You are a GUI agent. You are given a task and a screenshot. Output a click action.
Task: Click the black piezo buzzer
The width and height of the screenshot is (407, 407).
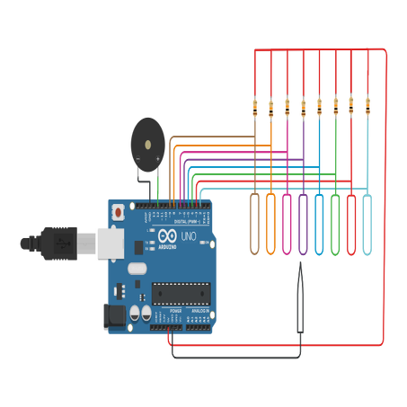[x=143, y=140]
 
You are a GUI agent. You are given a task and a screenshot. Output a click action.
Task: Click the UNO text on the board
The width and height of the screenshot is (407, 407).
[x=190, y=235]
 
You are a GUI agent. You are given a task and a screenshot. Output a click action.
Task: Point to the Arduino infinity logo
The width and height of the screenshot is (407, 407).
[x=167, y=236]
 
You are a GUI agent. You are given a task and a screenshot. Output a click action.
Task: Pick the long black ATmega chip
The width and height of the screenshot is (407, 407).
[x=180, y=292]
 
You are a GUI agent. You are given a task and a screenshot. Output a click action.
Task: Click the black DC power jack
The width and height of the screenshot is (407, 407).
[x=115, y=315]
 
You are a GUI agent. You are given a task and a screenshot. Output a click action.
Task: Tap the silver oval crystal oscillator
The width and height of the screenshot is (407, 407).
[x=136, y=268]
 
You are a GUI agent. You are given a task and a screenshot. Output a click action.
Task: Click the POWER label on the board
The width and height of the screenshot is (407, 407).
[x=164, y=310]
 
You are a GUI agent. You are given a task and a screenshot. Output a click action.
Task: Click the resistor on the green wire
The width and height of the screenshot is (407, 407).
[x=335, y=106]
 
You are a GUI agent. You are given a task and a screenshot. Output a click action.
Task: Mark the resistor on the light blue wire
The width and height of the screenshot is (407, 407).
[x=367, y=106]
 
